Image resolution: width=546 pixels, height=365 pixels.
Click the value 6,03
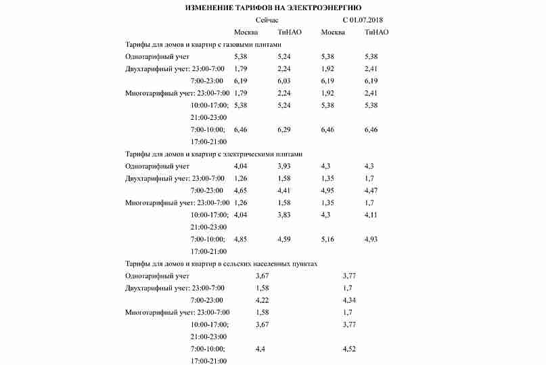[283, 81]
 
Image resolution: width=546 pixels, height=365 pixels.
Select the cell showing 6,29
[283, 129]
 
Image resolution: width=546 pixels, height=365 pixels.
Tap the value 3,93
[283, 167]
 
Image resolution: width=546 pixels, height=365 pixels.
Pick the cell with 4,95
[327, 191]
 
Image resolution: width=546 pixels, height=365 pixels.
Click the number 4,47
[371, 191]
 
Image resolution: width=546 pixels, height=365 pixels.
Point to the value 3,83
[283, 215]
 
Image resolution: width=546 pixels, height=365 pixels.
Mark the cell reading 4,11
[371, 215]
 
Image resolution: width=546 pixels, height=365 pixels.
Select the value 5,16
[327, 239]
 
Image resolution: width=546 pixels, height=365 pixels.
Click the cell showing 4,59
[283, 239]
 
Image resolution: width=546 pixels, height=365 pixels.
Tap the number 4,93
[371, 239]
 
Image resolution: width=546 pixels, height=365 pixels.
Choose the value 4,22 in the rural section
[263, 300]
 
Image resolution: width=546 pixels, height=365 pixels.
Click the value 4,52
[349, 349]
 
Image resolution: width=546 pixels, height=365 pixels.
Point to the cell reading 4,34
[349, 300]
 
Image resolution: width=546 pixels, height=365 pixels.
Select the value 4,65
[240, 191]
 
